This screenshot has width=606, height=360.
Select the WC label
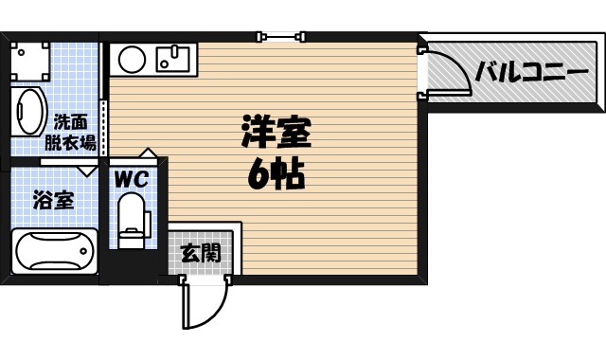(x=130, y=177)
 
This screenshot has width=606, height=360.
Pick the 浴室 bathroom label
(x=53, y=200)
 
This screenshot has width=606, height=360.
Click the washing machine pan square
(x=29, y=58)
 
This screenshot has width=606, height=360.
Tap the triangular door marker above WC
(x=147, y=153)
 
